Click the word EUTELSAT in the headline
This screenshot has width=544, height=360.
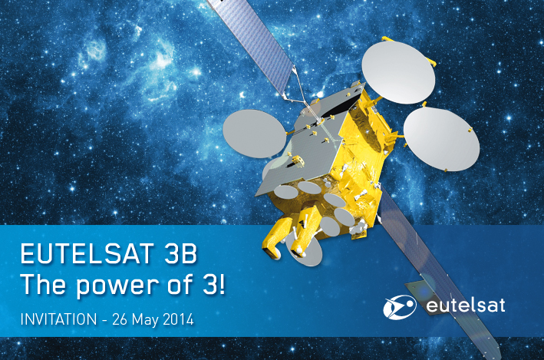[87, 253]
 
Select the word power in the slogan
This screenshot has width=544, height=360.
[119, 286]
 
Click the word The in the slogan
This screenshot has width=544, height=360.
[44, 283]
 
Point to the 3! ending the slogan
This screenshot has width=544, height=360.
[214, 283]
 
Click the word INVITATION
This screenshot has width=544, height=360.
[58, 319]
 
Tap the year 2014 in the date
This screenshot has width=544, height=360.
[178, 319]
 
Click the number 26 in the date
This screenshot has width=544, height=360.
[120, 319]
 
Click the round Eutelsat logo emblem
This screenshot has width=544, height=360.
[400, 307]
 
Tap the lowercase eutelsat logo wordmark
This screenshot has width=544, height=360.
[465, 306]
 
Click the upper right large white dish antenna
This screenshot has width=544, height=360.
[398, 72]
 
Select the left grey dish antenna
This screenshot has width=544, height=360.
[254, 134]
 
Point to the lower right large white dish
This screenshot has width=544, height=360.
[441, 139]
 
